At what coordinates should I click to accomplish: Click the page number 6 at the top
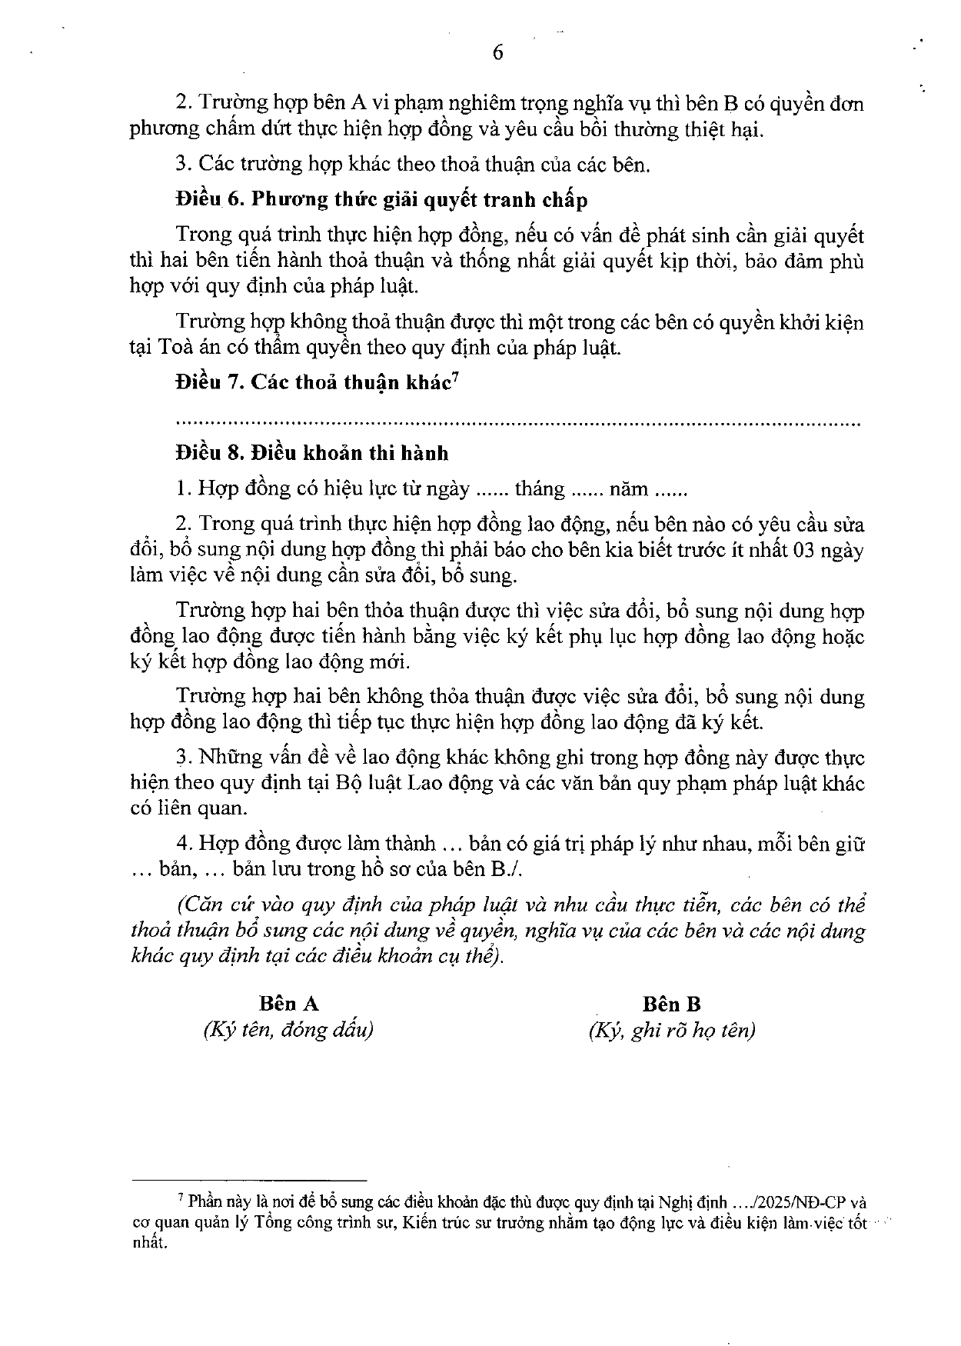coord(497,52)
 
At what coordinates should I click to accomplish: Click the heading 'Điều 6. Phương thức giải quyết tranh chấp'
coord(381,200)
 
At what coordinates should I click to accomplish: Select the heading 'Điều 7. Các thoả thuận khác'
coord(311,383)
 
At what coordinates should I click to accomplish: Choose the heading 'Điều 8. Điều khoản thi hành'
coord(311,452)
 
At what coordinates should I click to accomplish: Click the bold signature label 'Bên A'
coord(288,1004)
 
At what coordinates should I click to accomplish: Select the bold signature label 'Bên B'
coord(672,1004)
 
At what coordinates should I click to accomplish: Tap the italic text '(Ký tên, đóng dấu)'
coord(288,1030)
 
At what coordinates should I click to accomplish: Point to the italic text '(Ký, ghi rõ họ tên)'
coord(672,1030)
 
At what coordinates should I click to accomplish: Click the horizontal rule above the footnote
coord(249,1180)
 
